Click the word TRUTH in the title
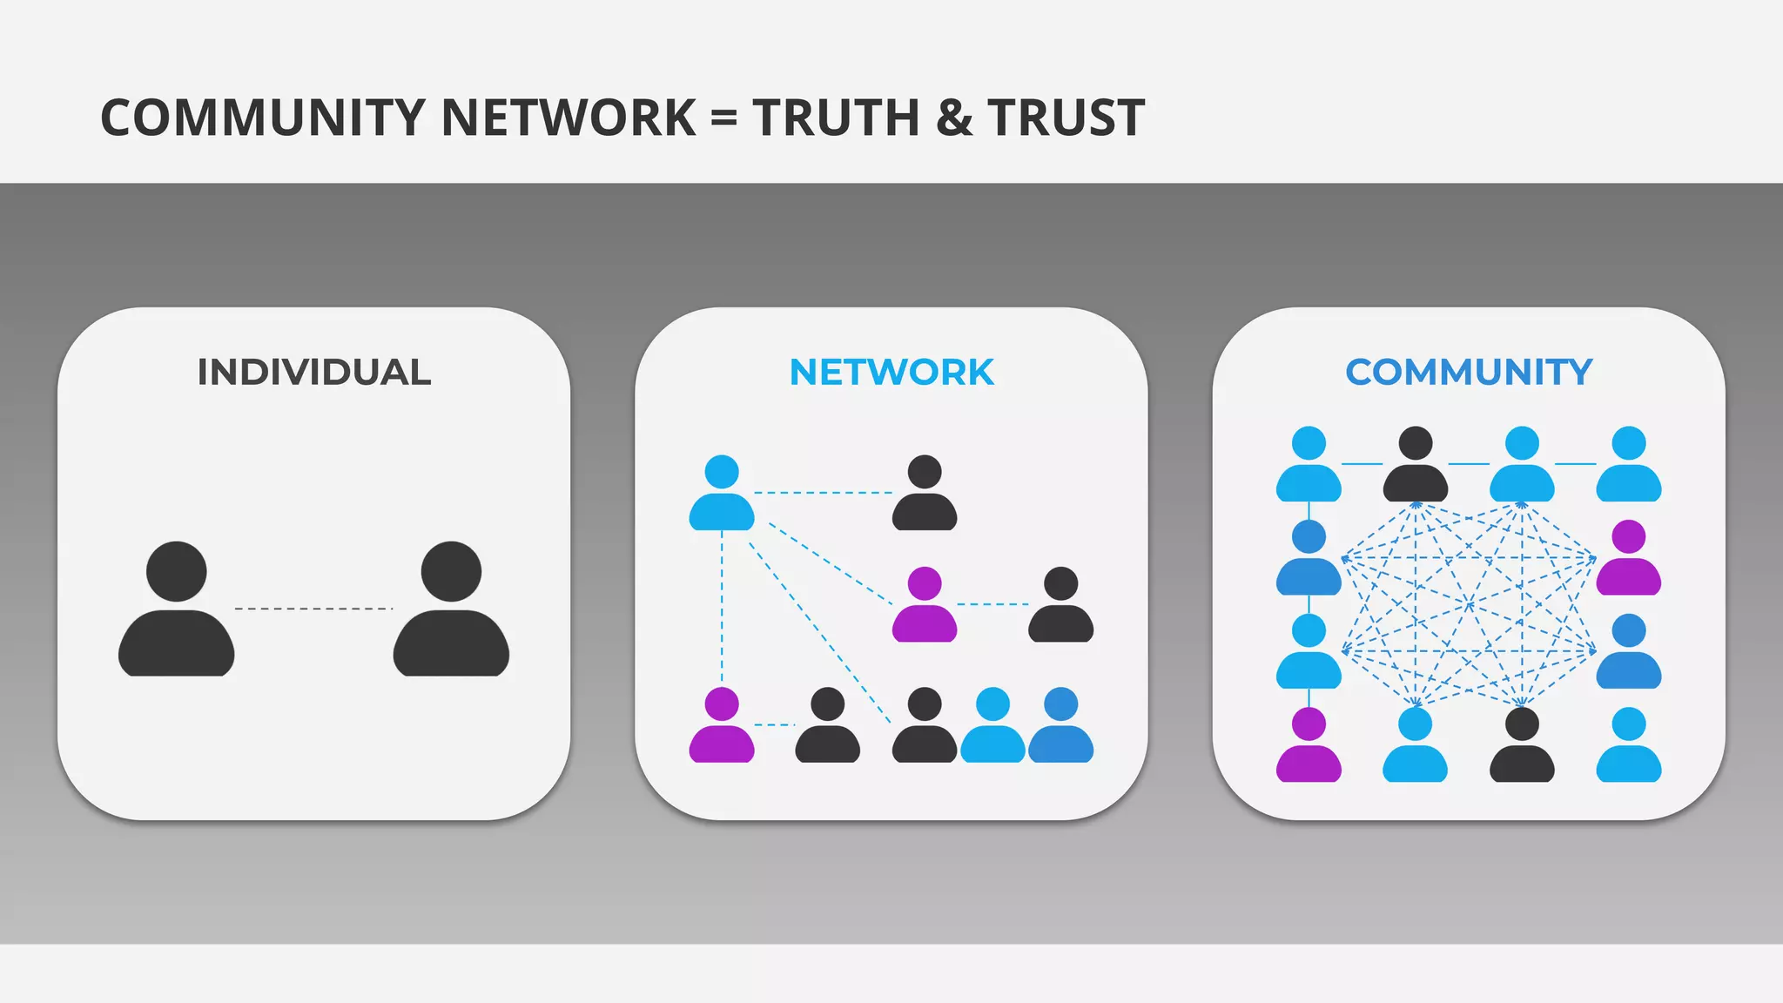(x=836, y=118)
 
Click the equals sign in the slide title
(x=724, y=119)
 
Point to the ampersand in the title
(x=954, y=118)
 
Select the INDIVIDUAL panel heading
(x=313, y=373)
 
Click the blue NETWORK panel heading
(x=891, y=373)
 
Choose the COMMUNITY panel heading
(x=1469, y=373)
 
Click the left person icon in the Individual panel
(x=177, y=609)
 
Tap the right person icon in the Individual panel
(x=451, y=609)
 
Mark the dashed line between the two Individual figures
(x=313, y=609)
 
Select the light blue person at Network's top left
(x=722, y=494)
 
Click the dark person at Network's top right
(x=925, y=494)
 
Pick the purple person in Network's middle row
(x=925, y=605)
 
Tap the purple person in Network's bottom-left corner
(x=722, y=726)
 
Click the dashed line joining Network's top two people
(x=823, y=493)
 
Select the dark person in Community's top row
(x=1416, y=465)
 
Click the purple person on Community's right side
(x=1628, y=558)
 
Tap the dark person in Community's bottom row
(x=1522, y=745)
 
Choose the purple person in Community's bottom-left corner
(x=1309, y=745)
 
